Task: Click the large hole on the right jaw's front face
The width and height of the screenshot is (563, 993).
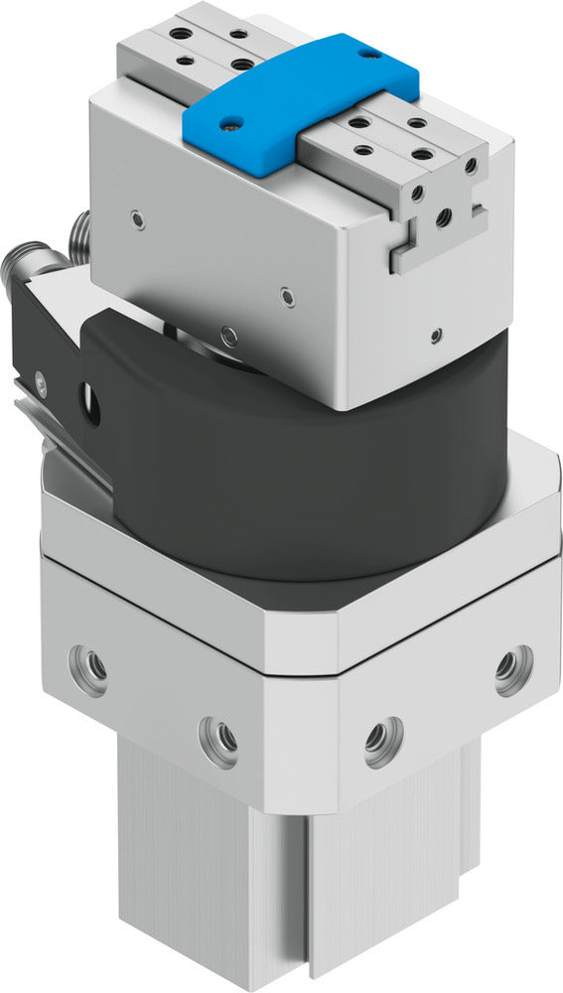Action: tap(444, 214)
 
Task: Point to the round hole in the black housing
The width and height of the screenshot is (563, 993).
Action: tap(91, 404)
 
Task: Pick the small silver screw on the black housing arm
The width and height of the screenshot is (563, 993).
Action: tap(40, 377)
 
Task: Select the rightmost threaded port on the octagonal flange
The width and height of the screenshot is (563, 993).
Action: tap(513, 670)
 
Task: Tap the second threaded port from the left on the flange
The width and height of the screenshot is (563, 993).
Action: tap(217, 739)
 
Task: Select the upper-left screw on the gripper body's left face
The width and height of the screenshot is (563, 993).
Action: tap(135, 215)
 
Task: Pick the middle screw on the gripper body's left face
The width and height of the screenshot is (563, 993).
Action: tap(287, 294)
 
